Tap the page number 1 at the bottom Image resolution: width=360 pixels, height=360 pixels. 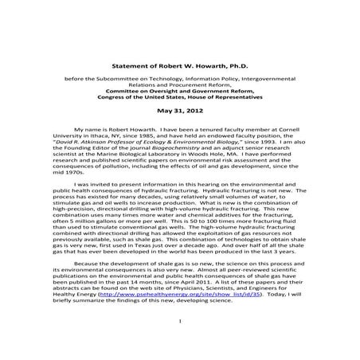click(181, 343)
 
